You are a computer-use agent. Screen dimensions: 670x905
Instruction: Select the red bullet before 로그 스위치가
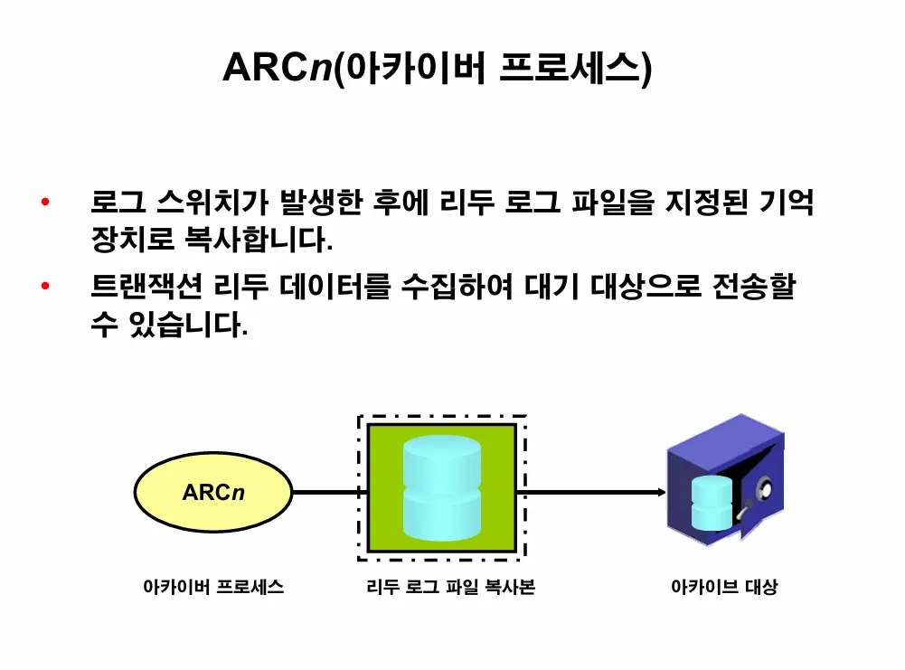[45, 203]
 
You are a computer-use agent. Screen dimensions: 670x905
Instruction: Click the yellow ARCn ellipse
[213, 493]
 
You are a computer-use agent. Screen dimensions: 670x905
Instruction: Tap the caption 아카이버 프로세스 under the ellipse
[213, 588]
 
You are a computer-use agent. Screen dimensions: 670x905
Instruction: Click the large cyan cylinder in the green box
[442, 488]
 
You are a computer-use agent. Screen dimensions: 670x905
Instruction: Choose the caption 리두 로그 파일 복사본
[450, 588]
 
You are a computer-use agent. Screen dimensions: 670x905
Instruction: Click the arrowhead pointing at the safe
[661, 493]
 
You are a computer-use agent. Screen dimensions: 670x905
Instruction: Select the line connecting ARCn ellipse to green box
[325, 493]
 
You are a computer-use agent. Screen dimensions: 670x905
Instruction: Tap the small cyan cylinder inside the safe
[711, 502]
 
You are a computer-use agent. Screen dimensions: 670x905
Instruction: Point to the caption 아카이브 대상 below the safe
[723, 588]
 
